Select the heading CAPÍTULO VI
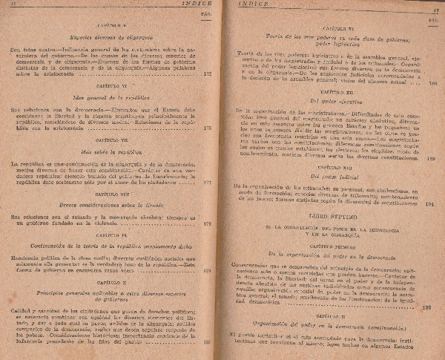pos(113,94)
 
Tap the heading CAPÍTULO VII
pos(113,139)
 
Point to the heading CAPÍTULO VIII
pos(113,192)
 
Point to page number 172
pos(207,74)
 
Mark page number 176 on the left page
pos(207,127)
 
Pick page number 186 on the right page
pos(432,84)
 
